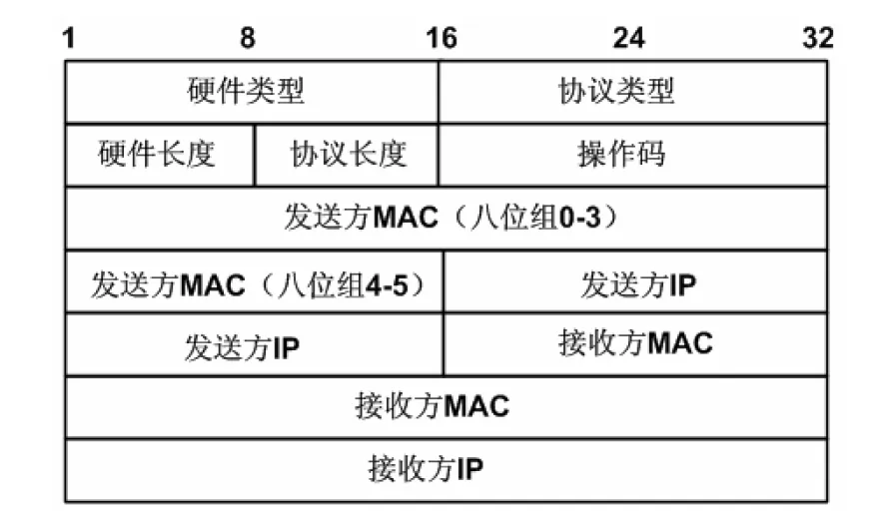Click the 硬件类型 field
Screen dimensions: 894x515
(x=246, y=92)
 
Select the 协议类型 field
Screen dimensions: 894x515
(x=616, y=92)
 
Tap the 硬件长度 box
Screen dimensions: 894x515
(x=157, y=155)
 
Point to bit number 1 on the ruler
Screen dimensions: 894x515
(x=69, y=39)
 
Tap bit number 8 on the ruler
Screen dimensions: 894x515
(x=247, y=39)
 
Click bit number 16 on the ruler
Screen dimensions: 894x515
(x=441, y=39)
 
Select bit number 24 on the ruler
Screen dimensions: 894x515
(x=628, y=39)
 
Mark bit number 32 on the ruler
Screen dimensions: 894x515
(x=817, y=39)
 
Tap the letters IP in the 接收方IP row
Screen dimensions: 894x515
(x=470, y=468)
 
